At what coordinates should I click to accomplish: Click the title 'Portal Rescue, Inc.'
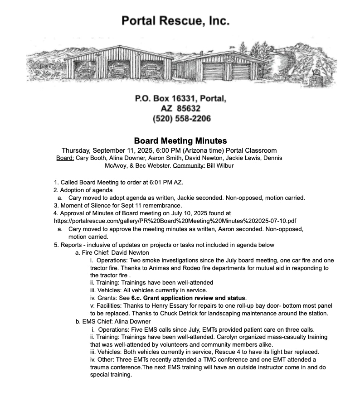175,21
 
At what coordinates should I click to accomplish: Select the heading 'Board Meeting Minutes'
180,141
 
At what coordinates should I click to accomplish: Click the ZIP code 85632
190,109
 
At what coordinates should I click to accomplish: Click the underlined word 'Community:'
189,166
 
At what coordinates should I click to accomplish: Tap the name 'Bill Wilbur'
220,166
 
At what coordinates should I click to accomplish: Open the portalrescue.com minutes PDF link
175,221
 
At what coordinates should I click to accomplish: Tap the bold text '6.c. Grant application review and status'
188,298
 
